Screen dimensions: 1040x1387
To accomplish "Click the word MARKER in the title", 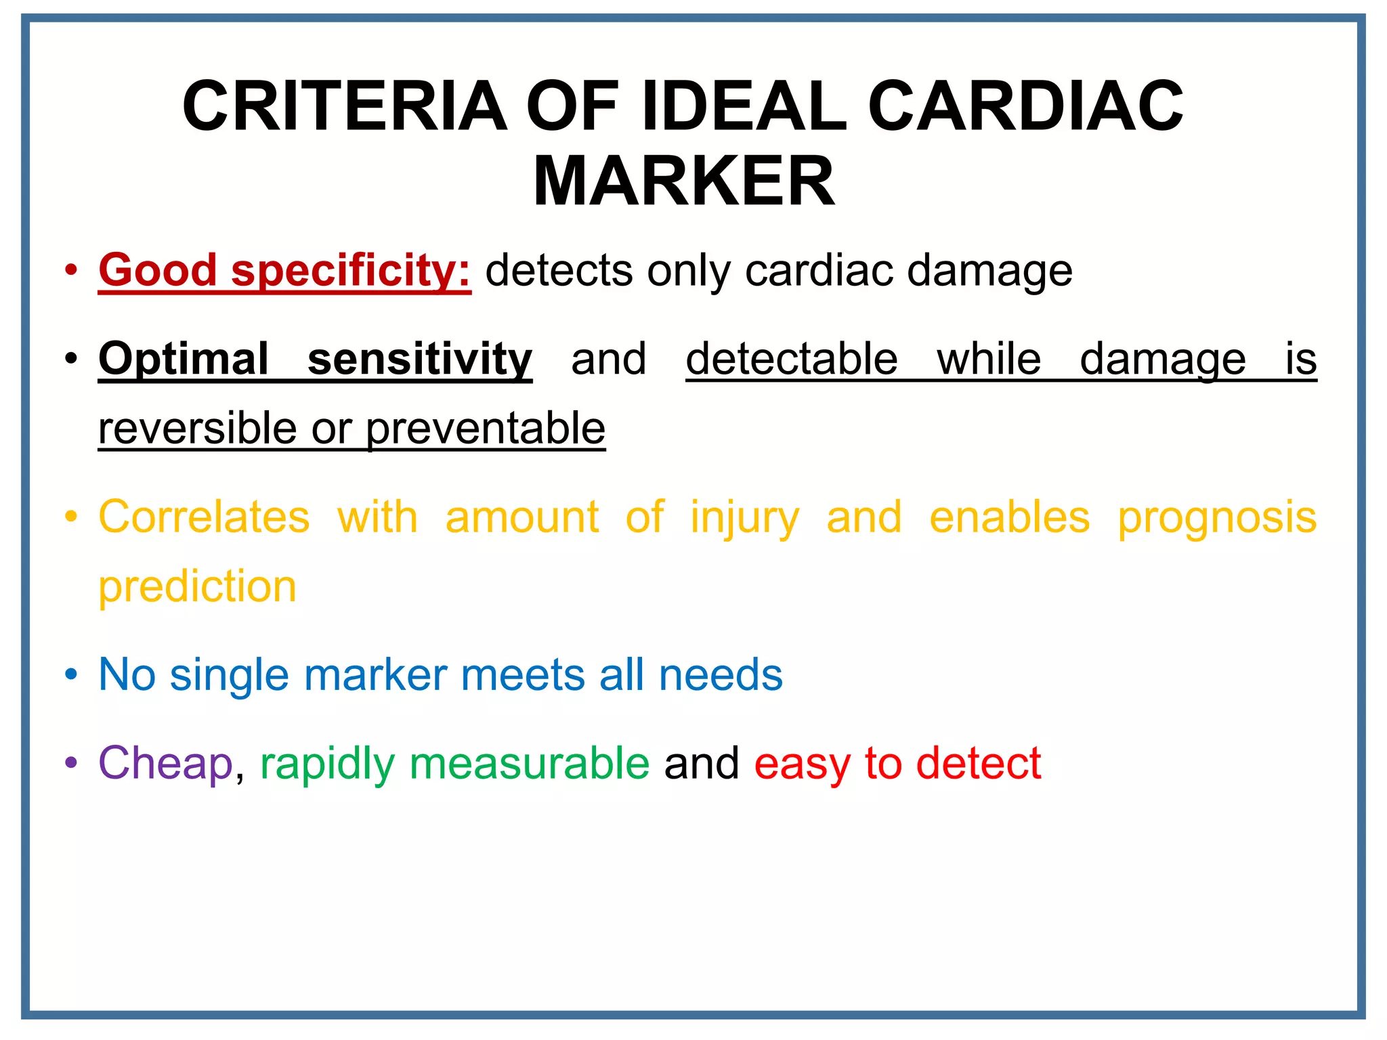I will (684, 181).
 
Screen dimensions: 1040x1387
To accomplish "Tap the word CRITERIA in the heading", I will (345, 106).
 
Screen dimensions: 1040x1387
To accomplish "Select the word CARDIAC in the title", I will (1025, 106).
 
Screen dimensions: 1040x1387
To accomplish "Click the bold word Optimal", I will (184, 359).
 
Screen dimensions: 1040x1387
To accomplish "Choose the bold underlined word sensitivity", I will (420, 359).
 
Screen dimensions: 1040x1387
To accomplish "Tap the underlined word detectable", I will (792, 359).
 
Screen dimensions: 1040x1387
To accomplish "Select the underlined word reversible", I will (197, 429).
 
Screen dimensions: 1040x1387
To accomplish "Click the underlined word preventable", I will (486, 429).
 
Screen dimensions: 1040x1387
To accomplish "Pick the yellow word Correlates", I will (204, 517).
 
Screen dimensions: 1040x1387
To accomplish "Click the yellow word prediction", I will (197, 586).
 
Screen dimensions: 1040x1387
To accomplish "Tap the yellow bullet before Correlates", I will (71, 517).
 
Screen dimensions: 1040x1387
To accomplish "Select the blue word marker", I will (375, 675).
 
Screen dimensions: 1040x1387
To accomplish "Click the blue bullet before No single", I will (71, 675).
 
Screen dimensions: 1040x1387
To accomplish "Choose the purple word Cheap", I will (166, 764).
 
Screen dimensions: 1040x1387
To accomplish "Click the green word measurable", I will (529, 764).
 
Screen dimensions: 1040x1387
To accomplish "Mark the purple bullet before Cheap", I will (71, 764).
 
